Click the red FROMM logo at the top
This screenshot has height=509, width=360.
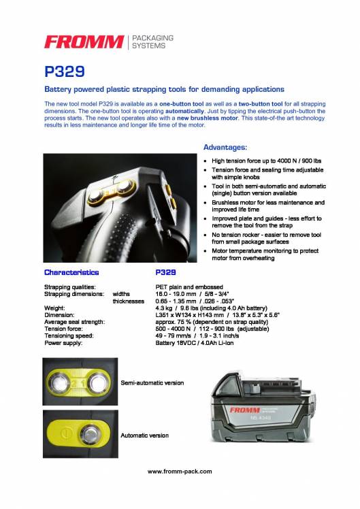pos(83,42)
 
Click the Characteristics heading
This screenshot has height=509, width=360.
pos(71,272)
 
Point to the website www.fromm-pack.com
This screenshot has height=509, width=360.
pos(180,471)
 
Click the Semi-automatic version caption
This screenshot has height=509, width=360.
pos(152,382)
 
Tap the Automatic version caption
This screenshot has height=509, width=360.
pos(144,435)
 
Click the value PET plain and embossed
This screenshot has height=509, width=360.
pos(195,286)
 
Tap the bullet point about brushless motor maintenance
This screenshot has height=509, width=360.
pos(267,206)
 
